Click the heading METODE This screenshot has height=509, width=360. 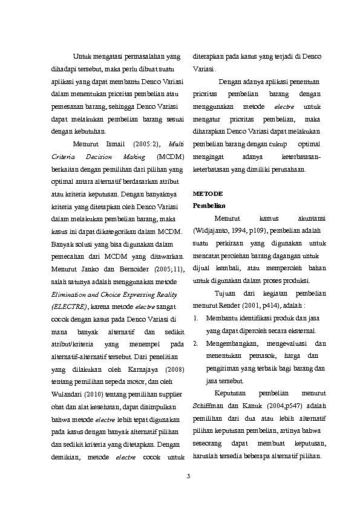point(207,193)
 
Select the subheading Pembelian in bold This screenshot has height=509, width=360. point(206,207)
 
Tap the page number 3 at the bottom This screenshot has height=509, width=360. point(188,479)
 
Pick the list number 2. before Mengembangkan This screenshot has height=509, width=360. point(195,343)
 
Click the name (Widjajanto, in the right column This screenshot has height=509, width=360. point(212,231)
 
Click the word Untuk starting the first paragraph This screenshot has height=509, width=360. point(81,57)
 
